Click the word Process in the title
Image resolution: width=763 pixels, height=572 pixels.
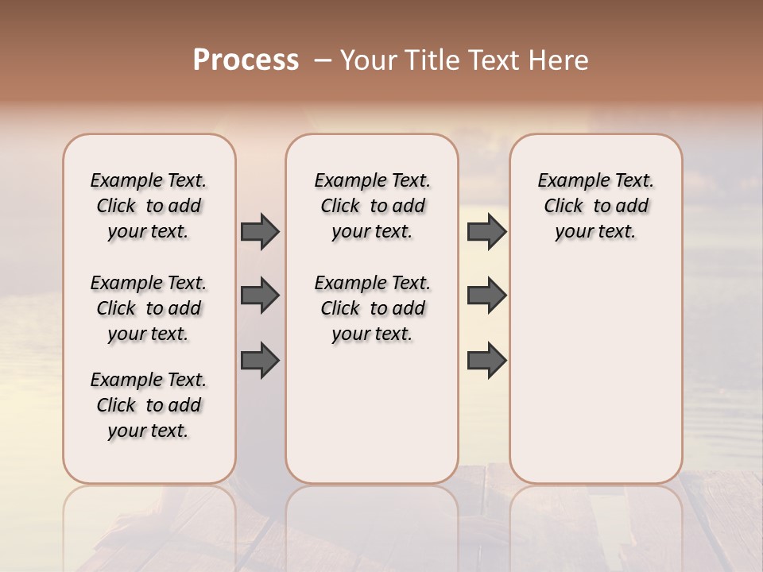coord(246,60)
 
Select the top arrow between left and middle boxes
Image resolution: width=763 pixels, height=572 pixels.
coord(260,231)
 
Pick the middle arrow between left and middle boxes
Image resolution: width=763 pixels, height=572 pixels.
coord(260,296)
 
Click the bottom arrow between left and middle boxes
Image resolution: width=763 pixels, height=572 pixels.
coord(260,360)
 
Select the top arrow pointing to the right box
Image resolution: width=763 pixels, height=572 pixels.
coord(486,231)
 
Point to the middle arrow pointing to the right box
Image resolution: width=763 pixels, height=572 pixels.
coord(486,296)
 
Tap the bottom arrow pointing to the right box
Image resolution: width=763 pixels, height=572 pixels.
coord(486,360)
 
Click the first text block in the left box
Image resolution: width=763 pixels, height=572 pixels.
coord(149,206)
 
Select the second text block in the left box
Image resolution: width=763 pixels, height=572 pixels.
coord(149,308)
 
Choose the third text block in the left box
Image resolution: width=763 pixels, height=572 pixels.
coord(149,405)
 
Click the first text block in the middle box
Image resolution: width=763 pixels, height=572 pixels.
coord(372,206)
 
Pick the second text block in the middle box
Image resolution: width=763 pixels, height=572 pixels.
coord(372,308)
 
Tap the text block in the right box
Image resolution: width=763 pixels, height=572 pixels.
coord(595,206)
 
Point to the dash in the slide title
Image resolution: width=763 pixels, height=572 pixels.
coord(323,60)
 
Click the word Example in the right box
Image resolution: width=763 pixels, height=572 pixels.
coord(571,181)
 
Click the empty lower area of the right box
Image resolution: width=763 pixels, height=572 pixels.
coord(595,373)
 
